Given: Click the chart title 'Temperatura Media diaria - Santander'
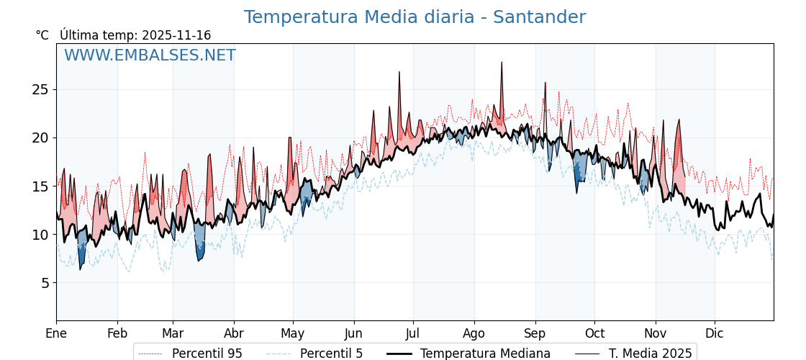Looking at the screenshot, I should click(x=415, y=17).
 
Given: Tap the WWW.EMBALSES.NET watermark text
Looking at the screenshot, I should click(x=150, y=55).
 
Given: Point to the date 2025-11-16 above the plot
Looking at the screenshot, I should click(x=176, y=35).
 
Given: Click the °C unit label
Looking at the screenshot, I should click(x=42, y=35).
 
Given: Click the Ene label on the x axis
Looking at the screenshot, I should click(x=56, y=333).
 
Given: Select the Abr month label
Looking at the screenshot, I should click(x=234, y=333).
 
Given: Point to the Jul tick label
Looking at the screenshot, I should click(x=413, y=333).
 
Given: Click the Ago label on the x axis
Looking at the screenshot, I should click(x=474, y=333).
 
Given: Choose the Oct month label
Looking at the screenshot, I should click(x=594, y=333).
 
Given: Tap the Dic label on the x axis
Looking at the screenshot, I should click(x=715, y=333).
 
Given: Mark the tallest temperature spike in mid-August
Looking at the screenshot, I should click(x=502, y=63).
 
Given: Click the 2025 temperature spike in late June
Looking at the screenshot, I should click(x=399, y=73).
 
